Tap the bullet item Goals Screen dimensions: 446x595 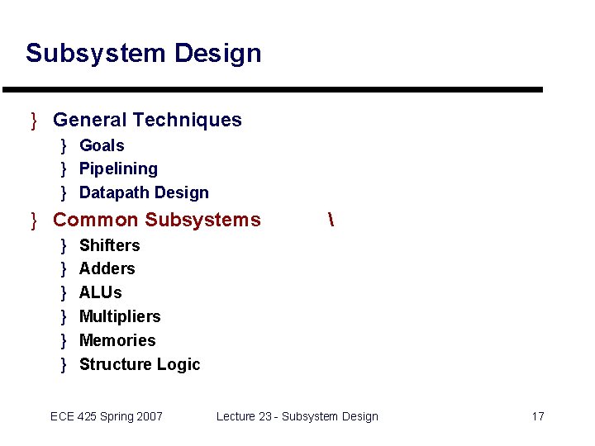point(102,145)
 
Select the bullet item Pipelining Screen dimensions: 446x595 point(118,168)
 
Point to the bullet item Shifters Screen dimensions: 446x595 point(109,245)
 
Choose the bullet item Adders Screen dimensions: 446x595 point(107,268)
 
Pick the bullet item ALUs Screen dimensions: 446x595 point(100,292)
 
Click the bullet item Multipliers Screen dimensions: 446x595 point(120,316)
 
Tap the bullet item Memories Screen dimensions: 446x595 point(117,340)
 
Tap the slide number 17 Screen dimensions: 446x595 point(537,416)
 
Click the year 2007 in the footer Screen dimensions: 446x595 point(149,416)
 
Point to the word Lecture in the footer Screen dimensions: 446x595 point(236,416)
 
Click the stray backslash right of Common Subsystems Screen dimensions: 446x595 point(330,220)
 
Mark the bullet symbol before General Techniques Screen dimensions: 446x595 point(34,121)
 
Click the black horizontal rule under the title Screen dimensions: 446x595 point(273,89)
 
